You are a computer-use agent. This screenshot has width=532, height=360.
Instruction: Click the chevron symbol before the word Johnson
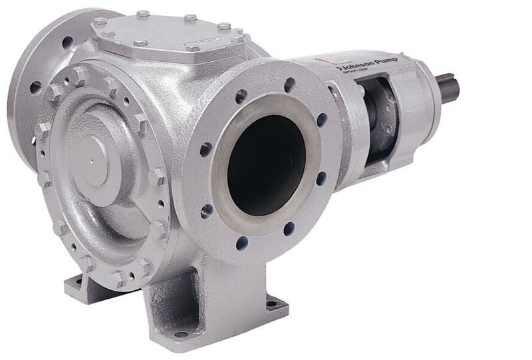(x=340, y=68)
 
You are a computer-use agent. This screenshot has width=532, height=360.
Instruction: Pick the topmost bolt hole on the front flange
(x=290, y=85)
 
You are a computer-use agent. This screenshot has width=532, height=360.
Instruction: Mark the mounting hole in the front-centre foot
(x=181, y=333)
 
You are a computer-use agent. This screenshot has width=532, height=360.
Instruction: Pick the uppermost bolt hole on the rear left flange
(x=67, y=41)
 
